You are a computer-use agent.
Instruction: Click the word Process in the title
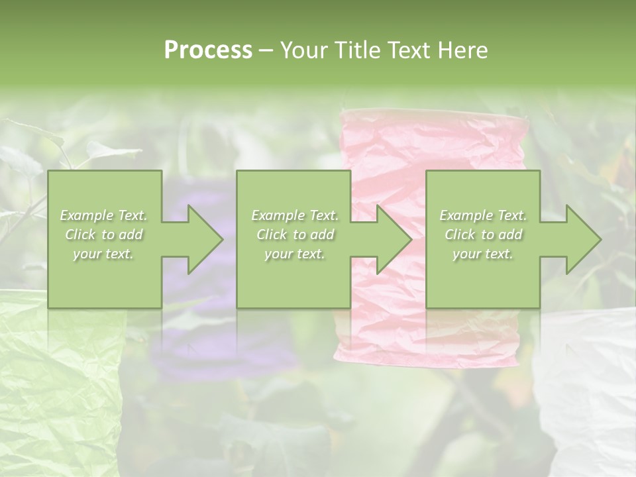click(208, 50)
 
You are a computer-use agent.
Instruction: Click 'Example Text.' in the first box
click(104, 215)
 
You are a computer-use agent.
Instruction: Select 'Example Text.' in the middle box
click(295, 215)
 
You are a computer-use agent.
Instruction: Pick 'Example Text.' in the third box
click(483, 215)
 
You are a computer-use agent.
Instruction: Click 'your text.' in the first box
click(104, 254)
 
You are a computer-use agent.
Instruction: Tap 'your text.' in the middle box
click(295, 254)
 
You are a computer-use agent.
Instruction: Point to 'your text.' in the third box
click(483, 254)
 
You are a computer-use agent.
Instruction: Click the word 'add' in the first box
click(131, 235)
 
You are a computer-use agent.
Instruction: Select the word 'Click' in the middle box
click(270, 235)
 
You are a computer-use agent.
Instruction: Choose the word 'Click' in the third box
click(459, 235)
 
